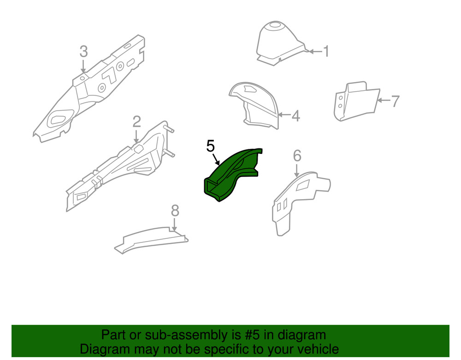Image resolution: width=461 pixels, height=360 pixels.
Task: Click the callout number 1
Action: tap(326, 51)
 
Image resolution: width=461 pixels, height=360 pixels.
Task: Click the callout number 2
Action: tap(136, 122)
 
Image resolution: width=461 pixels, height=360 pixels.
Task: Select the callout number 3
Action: tap(83, 51)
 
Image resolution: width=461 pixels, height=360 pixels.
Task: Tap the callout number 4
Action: tap(296, 116)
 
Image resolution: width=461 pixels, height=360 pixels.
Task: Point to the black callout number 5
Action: tap(210, 147)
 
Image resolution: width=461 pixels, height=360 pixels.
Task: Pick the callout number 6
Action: tap(297, 155)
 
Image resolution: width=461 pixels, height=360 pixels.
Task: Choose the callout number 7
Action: tap(395, 101)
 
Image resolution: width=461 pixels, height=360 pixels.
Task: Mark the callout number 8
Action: tap(174, 211)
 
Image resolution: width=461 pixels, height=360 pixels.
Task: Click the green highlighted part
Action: tap(230, 173)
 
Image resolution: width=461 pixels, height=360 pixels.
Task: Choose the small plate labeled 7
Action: tap(355, 101)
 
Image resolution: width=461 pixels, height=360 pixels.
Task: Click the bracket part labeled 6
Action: tap(295, 198)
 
